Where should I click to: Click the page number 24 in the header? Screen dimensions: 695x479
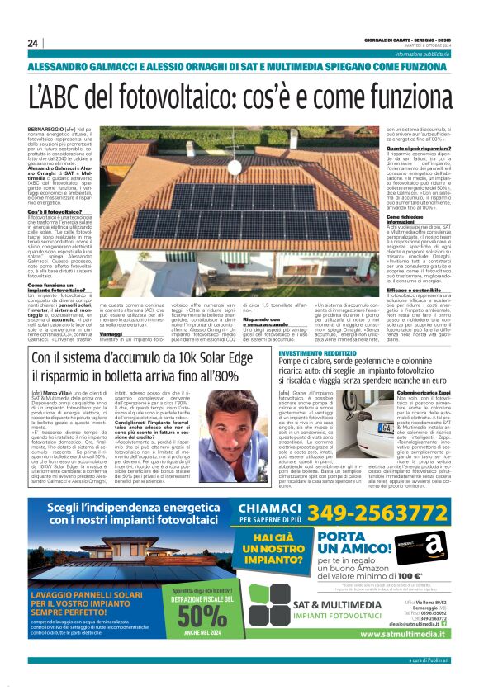[x=33, y=43]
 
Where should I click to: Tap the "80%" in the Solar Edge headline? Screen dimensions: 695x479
[x=222, y=376]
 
